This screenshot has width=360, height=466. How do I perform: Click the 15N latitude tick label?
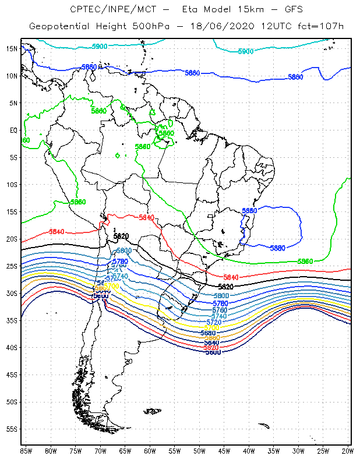click(x=11, y=48)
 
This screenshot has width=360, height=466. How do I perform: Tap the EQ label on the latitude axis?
click(x=13, y=130)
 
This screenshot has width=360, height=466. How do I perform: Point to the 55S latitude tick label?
click(x=12, y=429)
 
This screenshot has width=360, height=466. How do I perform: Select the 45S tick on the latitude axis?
click(x=12, y=375)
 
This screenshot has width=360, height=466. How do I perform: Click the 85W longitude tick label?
click(x=26, y=450)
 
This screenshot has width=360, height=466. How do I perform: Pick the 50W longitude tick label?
click(x=199, y=450)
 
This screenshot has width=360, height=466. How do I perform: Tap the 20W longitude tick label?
click(x=348, y=450)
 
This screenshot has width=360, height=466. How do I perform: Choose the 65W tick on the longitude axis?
click(x=125, y=450)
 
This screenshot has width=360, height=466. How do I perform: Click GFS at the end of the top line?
click(x=290, y=9)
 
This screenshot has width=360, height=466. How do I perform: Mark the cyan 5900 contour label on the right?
click(x=245, y=51)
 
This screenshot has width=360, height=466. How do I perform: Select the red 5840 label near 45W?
click(x=232, y=276)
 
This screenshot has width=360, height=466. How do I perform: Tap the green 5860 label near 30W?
click(x=305, y=262)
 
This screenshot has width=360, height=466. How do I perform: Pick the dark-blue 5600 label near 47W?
click(x=213, y=352)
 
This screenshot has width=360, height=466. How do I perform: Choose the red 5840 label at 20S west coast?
click(x=57, y=232)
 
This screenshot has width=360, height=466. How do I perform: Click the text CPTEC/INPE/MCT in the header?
click(x=104, y=9)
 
